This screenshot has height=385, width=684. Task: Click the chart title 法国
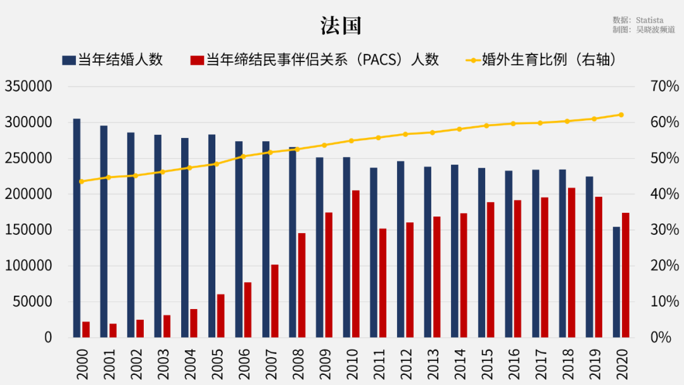[x=341, y=26]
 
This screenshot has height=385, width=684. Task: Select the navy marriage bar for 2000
[x=77, y=228]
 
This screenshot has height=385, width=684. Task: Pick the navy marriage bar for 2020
[x=616, y=282]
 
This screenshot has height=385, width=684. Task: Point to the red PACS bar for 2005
[x=220, y=315]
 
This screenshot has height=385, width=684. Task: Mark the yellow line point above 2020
[x=621, y=115]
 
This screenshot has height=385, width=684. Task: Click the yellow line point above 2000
[x=81, y=182]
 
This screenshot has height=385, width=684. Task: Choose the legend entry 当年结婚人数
[x=113, y=60]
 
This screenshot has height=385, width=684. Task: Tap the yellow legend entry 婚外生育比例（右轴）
[x=541, y=60]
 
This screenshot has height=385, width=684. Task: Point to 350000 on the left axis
[x=28, y=87]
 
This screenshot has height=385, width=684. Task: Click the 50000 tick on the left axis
[x=32, y=301]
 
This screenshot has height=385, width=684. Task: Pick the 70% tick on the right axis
[x=664, y=87]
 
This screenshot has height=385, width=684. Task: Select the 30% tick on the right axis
[x=664, y=230]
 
